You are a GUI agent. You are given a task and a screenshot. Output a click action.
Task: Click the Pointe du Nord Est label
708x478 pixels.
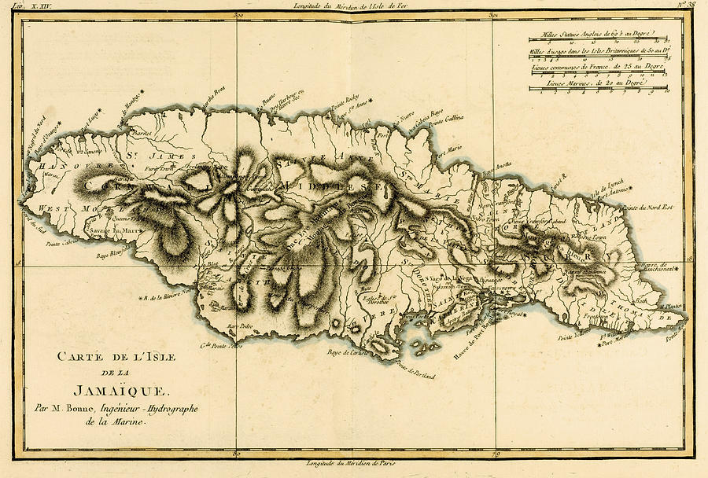[649, 208]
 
